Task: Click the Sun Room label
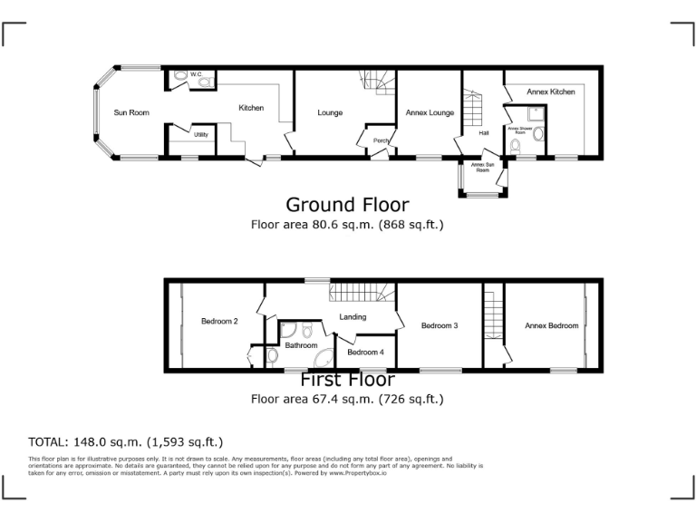pyautogui.click(x=131, y=112)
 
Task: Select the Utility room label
pyautogui.click(x=200, y=135)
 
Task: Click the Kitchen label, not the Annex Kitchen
pyautogui.click(x=251, y=108)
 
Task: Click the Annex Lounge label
pyautogui.click(x=430, y=112)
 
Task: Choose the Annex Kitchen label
pyautogui.click(x=551, y=92)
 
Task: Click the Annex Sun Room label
pyautogui.click(x=482, y=167)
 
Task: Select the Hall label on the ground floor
pyautogui.click(x=485, y=134)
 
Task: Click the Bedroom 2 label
pyautogui.click(x=219, y=321)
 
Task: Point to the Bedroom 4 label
pyautogui.click(x=365, y=352)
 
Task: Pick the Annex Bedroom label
pyautogui.click(x=551, y=325)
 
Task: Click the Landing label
pyautogui.click(x=353, y=317)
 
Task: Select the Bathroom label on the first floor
pyautogui.click(x=301, y=345)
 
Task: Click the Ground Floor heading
pyautogui.click(x=347, y=205)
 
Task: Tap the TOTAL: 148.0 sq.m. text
pyautogui.click(x=125, y=442)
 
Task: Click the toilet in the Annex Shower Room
pyautogui.click(x=540, y=135)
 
